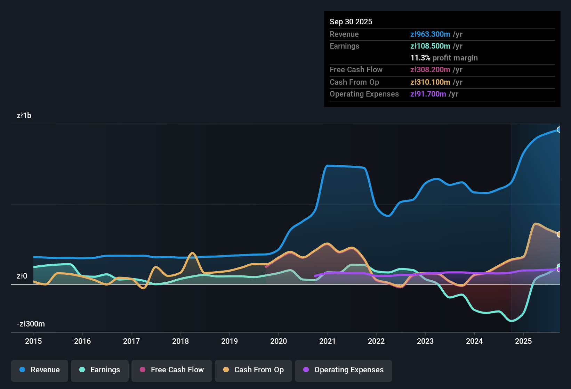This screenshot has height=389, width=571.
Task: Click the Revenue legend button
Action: (40, 370)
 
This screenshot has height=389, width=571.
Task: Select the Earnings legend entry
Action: (100, 370)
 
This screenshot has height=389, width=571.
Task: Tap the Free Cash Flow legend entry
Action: (172, 370)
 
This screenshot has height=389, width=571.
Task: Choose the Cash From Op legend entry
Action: (254, 370)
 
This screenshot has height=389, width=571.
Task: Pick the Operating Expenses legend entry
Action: (344, 370)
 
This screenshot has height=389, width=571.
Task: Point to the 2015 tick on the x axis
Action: (33, 341)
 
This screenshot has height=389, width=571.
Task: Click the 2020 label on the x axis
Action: (279, 341)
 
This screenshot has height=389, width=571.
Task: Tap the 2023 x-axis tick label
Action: (425, 341)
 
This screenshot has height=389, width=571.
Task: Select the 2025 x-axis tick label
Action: (523, 341)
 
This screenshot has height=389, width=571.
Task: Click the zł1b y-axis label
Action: (24, 116)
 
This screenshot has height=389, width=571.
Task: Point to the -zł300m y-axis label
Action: (31, 324)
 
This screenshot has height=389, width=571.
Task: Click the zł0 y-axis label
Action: (22, 276)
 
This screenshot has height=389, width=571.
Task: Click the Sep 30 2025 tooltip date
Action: (351, 22)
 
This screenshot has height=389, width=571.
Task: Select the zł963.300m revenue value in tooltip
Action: (430, 34)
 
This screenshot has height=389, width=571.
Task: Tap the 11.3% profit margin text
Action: (444, 58)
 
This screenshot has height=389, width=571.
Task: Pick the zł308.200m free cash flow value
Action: (430, 70)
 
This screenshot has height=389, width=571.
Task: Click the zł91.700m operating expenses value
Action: (428, 94)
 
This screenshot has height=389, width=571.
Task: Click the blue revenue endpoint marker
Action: (559, 130)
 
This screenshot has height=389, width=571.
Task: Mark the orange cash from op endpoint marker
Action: (559, 234)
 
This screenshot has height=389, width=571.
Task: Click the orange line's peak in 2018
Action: (192, 253)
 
